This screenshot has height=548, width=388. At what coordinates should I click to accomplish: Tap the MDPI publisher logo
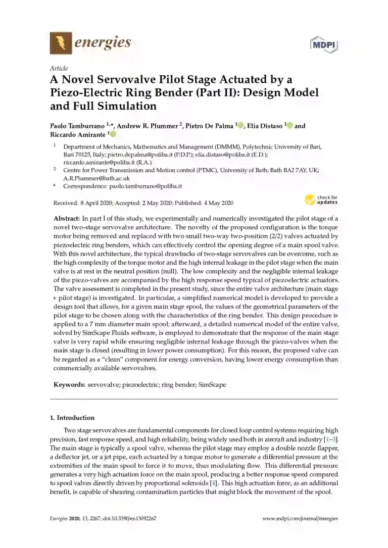pyautogui.click(x=323, y=44)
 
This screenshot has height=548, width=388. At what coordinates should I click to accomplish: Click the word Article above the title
pyautogui.click(x=59, y=68)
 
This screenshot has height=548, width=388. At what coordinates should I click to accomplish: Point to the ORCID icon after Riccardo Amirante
pyautogui.click(x=113, y=134)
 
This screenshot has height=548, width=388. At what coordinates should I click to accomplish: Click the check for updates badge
pyautogui.click(x=321, y=200)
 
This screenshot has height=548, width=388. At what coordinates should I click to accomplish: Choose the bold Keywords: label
pyautogui.click(x=70, y=385)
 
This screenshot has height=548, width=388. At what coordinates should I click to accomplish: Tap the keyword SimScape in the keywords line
pyautogui.click(x=212, y=385)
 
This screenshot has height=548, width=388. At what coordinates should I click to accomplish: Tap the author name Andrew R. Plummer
pyautogui.click(x=152, y=126)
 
